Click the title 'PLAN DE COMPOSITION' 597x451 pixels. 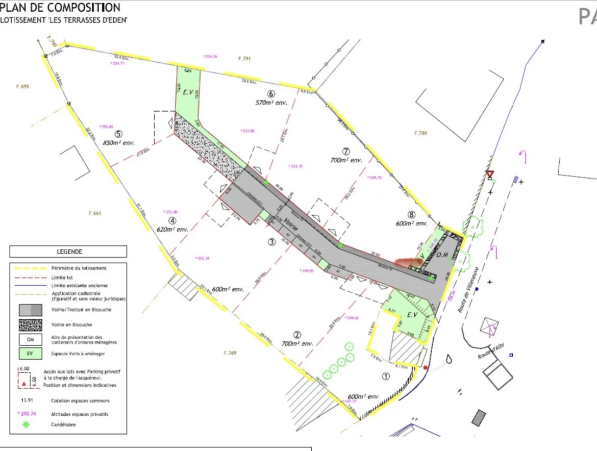pos(60,8)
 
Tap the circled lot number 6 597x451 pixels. pos(271,94)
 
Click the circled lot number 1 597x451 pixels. pos(385,377)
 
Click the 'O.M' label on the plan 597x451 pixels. pos(442,255)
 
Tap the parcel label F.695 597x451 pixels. pos(22,87)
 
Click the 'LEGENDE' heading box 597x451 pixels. pos(69,252)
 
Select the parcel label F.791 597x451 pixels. pos(244,59)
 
